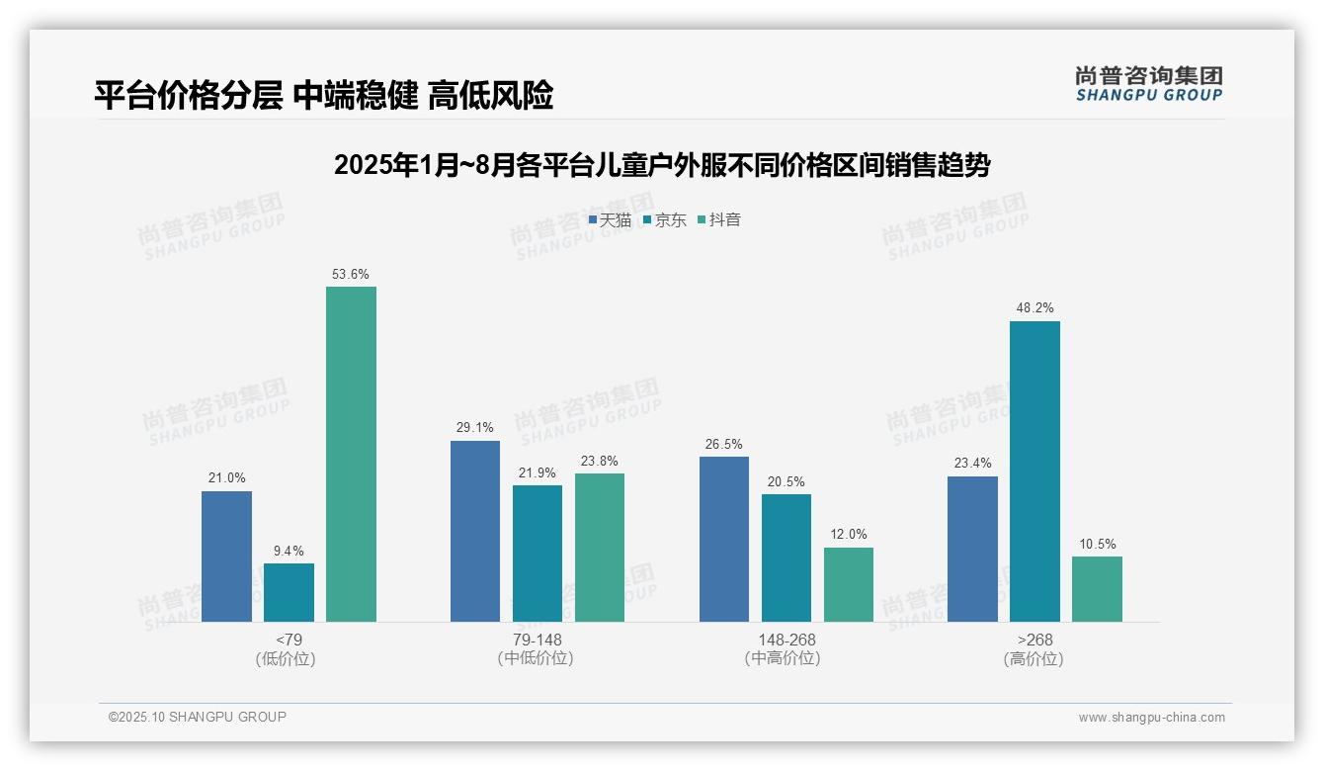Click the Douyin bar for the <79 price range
click(351, 455)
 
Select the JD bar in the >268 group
click(1034, 471)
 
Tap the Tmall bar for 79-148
click(475, 531)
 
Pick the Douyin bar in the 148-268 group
click(849, 584)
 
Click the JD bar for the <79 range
click(289, 592)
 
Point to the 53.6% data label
click(351, 275)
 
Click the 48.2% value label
click(1034, 308)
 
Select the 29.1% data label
click(475, 428)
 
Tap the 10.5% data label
click(1097, 544)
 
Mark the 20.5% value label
click(786, 482)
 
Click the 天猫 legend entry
click(610, 220)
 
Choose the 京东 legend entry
click(664, 220)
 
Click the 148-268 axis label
click(786, 640)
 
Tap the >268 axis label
click(1034, 640)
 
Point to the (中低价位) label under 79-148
click(537, 658)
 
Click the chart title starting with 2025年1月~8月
click(662, 165)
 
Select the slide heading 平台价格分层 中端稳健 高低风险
click(323, 95)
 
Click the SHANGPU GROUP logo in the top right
click(1148, 84)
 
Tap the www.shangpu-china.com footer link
click(1151, 718)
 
